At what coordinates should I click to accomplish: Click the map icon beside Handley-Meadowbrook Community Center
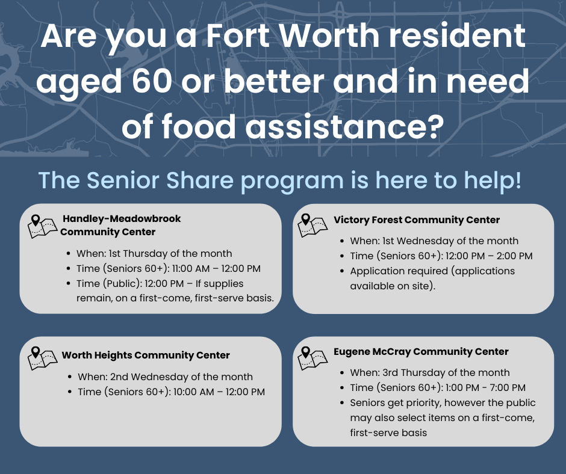42,227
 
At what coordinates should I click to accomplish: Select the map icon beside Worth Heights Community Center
42,359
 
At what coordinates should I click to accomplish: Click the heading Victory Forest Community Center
417,220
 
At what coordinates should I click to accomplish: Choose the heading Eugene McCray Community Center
421,352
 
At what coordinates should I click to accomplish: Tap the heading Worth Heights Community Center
146,355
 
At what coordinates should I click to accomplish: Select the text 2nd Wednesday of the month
181,377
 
